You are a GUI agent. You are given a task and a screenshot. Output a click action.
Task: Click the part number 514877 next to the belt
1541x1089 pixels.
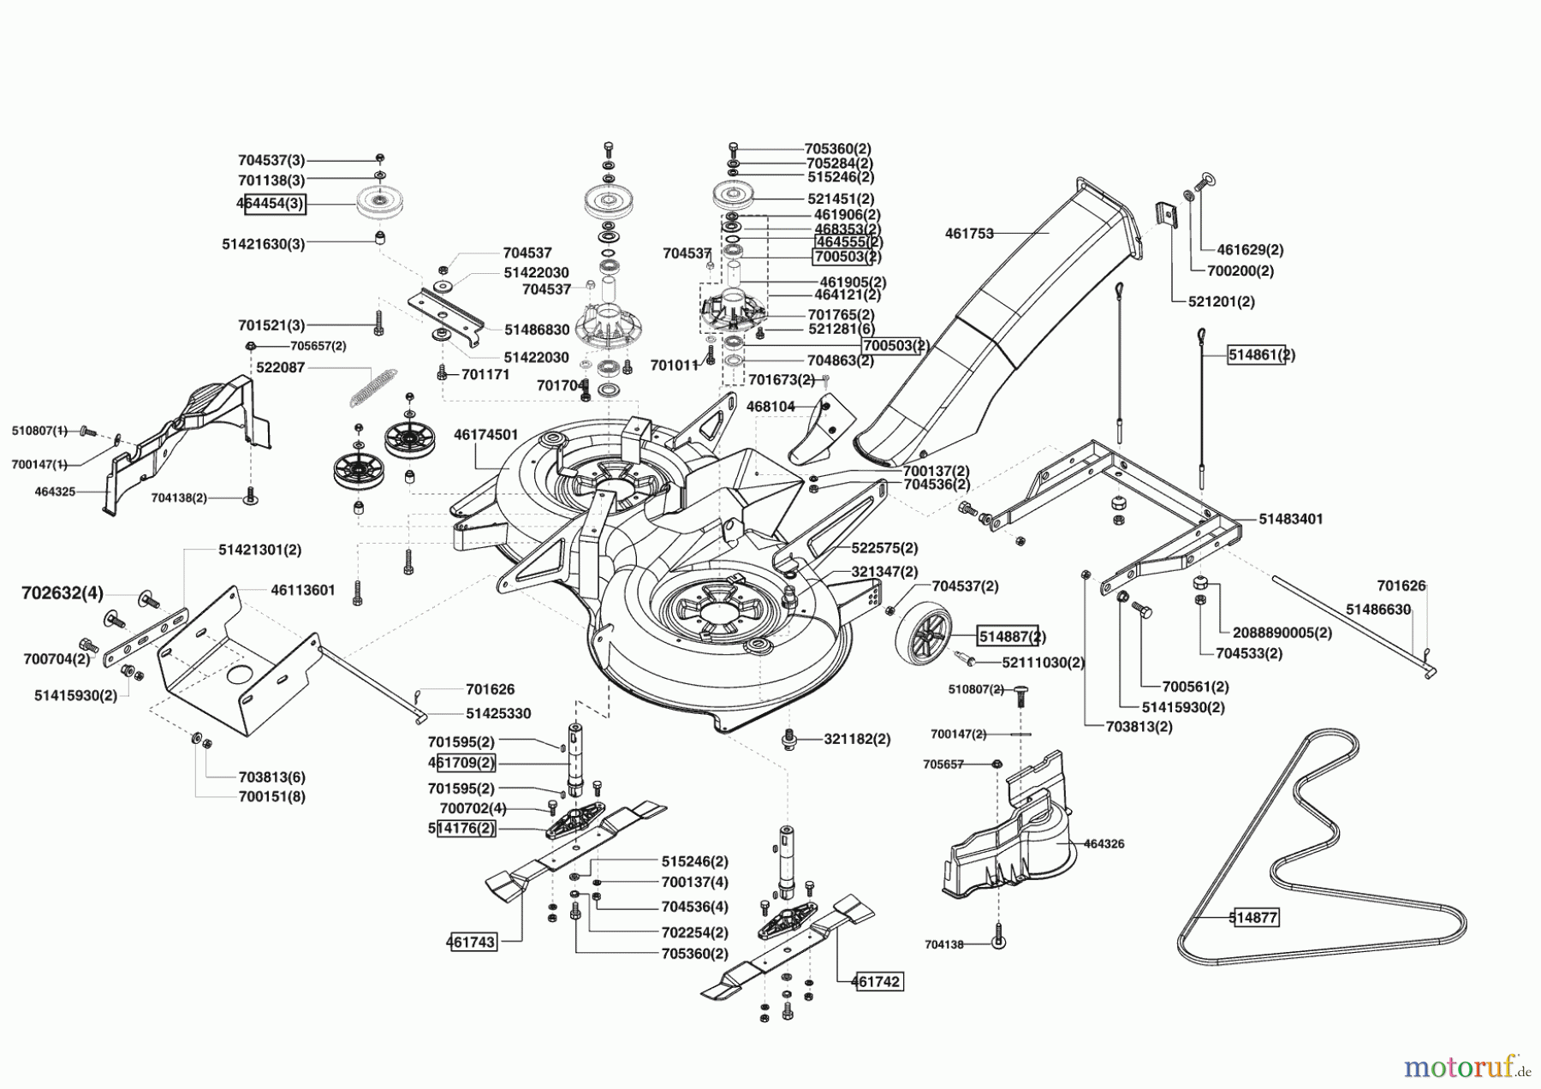coord(1253,918)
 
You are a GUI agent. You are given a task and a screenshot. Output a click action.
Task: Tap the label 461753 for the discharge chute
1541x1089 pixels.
coord(969,233)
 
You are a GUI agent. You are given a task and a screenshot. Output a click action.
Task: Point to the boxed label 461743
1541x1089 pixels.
coord(471,942)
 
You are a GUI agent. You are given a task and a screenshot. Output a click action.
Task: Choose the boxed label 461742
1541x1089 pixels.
coord(877,982)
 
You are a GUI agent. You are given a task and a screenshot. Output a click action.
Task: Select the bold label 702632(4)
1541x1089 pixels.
coord(62,592)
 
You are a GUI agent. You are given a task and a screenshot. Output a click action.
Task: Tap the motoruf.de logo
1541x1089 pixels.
coord(1467,1067)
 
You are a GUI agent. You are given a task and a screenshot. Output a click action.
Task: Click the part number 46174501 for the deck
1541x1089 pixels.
coord(486,435)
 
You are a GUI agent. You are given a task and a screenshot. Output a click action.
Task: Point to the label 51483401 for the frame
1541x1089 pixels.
coord(1291,519)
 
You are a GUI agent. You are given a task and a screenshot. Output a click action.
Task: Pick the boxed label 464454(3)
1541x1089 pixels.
coord(271,204)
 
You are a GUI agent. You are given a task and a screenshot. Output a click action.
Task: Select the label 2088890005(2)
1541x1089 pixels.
coord(1282,633)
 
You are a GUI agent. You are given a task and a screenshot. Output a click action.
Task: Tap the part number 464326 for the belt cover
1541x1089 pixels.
coord(1104,843)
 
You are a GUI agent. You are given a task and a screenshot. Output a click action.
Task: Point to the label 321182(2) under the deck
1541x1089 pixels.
coord(857,739)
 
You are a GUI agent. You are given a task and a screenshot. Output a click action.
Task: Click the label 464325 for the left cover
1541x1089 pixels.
coord(55,491)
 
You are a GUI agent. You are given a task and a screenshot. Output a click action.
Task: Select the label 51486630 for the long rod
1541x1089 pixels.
coord(1377,609)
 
